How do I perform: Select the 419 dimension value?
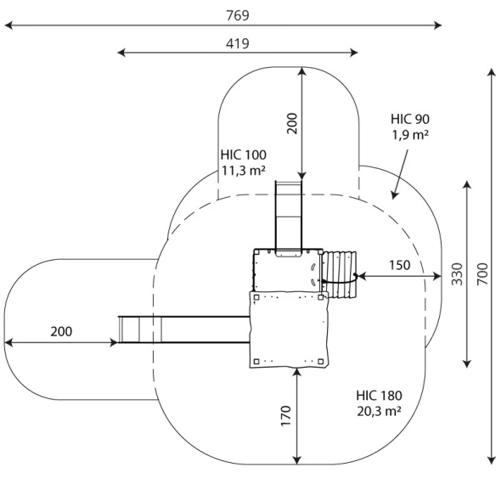point(238,42)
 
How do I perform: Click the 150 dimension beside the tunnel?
point(399,265)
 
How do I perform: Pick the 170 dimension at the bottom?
point(286,416)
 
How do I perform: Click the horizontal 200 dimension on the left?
point(61,331)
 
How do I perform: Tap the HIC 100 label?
point(244,155)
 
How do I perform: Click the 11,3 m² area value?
point(244,170)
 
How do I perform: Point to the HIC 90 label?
point(410,119)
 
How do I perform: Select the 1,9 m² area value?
point(410,134)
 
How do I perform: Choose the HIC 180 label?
point(380,396)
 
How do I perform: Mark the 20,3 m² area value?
point(380,411)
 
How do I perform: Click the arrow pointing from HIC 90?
point(400,174)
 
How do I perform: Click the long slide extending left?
point(183,329)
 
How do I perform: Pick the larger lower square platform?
point(289,329)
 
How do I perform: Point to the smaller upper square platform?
point(285,270)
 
